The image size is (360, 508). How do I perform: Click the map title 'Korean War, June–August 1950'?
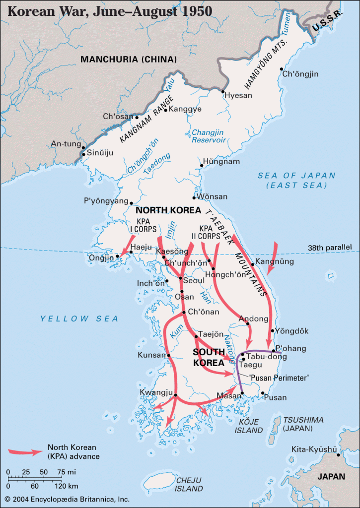point(107,10)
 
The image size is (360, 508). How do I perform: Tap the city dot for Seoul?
point(180,279)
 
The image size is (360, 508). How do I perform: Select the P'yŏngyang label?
point(106,201)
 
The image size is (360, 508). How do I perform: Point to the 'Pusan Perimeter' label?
point(279,378)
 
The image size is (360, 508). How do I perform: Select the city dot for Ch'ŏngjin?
point(282,69)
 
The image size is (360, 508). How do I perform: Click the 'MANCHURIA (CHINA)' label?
point(129,59)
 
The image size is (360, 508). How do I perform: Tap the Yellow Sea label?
point(79,318)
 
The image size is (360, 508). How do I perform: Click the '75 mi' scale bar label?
point(65,471)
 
